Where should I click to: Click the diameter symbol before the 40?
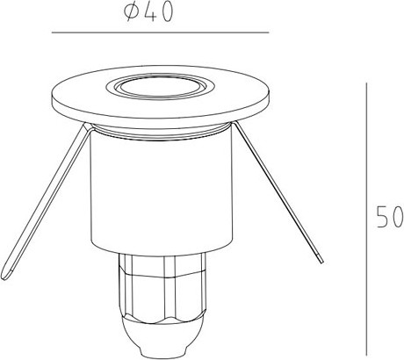(x=130, y=13)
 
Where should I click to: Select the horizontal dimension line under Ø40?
(x=160, y=32)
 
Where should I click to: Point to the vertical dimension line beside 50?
(x=366, y=220)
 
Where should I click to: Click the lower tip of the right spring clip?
(x=321, y=260)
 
